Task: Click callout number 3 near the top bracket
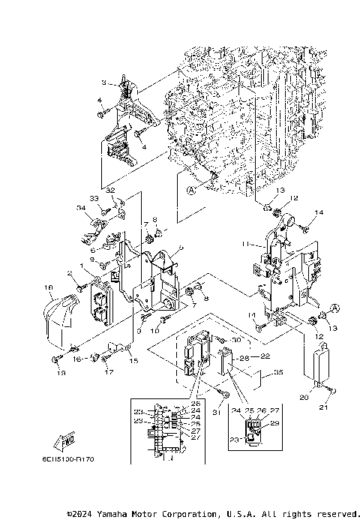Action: [x=105, y=82]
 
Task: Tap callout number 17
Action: [x=107, y=371]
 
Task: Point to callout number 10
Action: [x=157, y=330]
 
